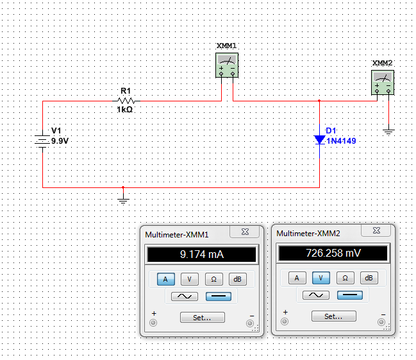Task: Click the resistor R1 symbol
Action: [126, 101]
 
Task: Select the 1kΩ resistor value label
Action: [124, 110]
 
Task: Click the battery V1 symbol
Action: [42, 140]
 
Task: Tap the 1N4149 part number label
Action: [340, 141]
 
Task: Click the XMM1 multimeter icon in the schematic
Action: [227, 65]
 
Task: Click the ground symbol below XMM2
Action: [388, 131]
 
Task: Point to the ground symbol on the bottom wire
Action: [124, 199]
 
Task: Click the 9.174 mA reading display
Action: [201, 255]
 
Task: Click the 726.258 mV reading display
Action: [332, 254]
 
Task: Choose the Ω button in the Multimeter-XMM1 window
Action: [213, 279]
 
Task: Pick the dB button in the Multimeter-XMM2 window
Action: [369, 278]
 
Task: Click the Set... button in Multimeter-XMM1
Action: [202, 317]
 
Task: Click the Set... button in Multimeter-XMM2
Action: [333, 316]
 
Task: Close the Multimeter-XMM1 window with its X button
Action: [245, 232]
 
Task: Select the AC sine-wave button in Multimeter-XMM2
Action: [315, 295]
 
